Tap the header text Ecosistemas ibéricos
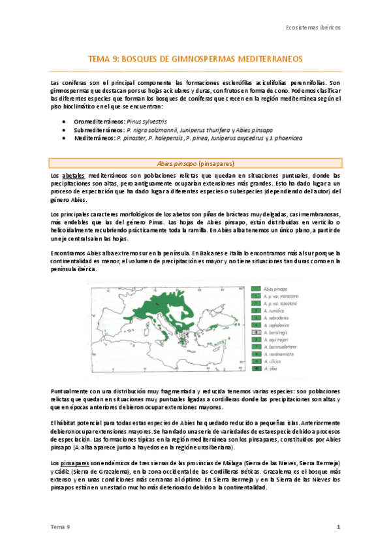tap(314, 29)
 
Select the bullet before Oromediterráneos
tap(63, 122)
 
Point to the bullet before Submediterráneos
tap(63, 130)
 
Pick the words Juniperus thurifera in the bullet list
tap(203, 130)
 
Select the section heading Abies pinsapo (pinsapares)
tap(195, 163)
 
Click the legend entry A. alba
tap(271, 368)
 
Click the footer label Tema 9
tap(59, 527)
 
